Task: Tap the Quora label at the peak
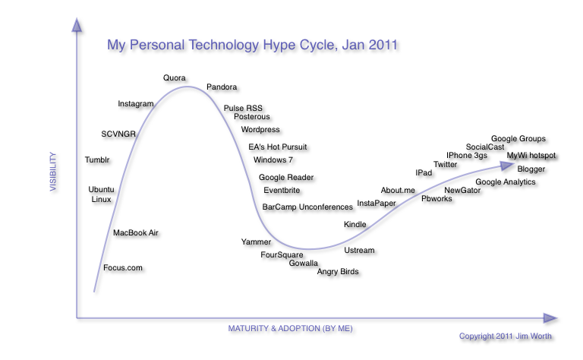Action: (175, 78)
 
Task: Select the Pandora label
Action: (222, 88)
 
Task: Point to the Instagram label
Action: (136, 104)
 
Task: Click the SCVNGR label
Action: (118, 134)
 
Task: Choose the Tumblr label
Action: (97, 160)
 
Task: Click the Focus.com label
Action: (123, 268)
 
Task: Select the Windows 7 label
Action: (273, 160)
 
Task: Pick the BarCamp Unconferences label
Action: (307, 207)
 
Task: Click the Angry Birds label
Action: (338, 272)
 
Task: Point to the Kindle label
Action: (355, 225)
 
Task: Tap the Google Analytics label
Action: (506, 182)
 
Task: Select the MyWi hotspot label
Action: (531, 156)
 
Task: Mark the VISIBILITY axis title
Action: (54, 172)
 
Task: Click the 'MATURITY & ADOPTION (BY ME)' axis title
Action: (290, 329)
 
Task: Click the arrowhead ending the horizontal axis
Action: (550, 318)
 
